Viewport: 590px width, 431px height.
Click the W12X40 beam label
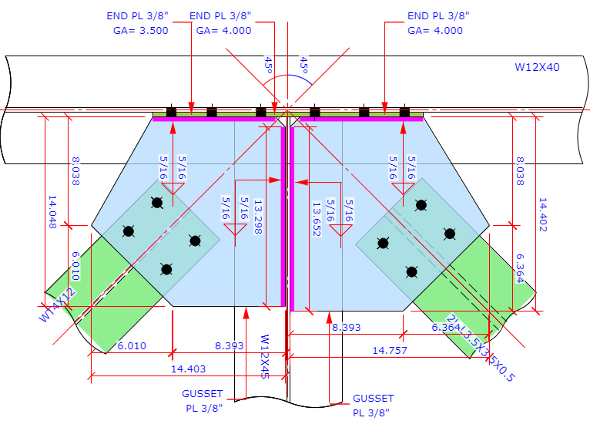[x=537, y=67]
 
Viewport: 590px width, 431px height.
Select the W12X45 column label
[x=264, y=356]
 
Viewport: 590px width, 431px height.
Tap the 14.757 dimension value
[x=389, y=350]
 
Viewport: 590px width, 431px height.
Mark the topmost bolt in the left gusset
[x=157, y=204]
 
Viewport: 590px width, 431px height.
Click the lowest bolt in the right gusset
[x=412, y=271]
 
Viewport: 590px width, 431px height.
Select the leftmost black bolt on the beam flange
[x=171, y=113]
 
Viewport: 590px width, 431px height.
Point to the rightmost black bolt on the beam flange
[x=404, y=113]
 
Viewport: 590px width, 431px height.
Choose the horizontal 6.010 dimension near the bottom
[x=131, y=346]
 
